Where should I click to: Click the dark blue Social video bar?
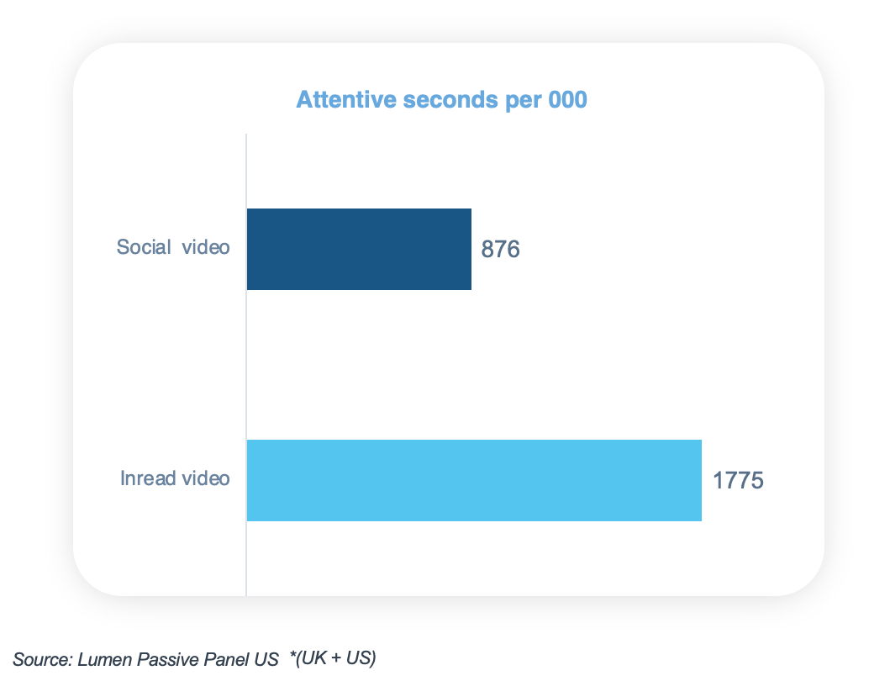point(359,249)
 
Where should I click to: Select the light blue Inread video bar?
point(474,480)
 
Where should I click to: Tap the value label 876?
point(501,250)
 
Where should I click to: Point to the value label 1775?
point(738,482)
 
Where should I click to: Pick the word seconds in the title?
point(451,100)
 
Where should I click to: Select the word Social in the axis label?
point(144,247)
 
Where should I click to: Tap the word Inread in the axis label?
point(148,478)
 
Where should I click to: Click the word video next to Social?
point(207,247)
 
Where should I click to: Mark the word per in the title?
point(524,101)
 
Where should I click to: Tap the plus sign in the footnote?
point(335,658)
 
